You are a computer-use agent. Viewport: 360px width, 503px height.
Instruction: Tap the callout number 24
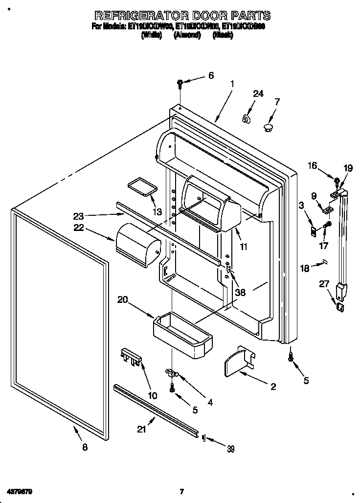pyautogui.click(x=258, y=94)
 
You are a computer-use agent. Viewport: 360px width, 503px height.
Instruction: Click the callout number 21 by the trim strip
pyautogui.click(x=141, y=429)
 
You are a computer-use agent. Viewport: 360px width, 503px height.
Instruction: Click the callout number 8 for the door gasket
pyautogui.click(x=85, y=447)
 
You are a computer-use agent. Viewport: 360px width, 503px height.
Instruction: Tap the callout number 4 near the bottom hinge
pyautogui.click(x=210, y=402)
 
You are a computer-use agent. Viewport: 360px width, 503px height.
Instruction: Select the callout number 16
pyautogui.click(x=312, y=166)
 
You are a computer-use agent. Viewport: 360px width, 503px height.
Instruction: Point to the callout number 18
pyautogui.click(x=304, y=269)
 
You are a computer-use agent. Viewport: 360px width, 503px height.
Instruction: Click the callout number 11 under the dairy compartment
pyautogui.click(x=244, y=247)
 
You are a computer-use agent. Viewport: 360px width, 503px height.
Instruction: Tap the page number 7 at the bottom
pyautogui.click(x=181, y=491)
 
